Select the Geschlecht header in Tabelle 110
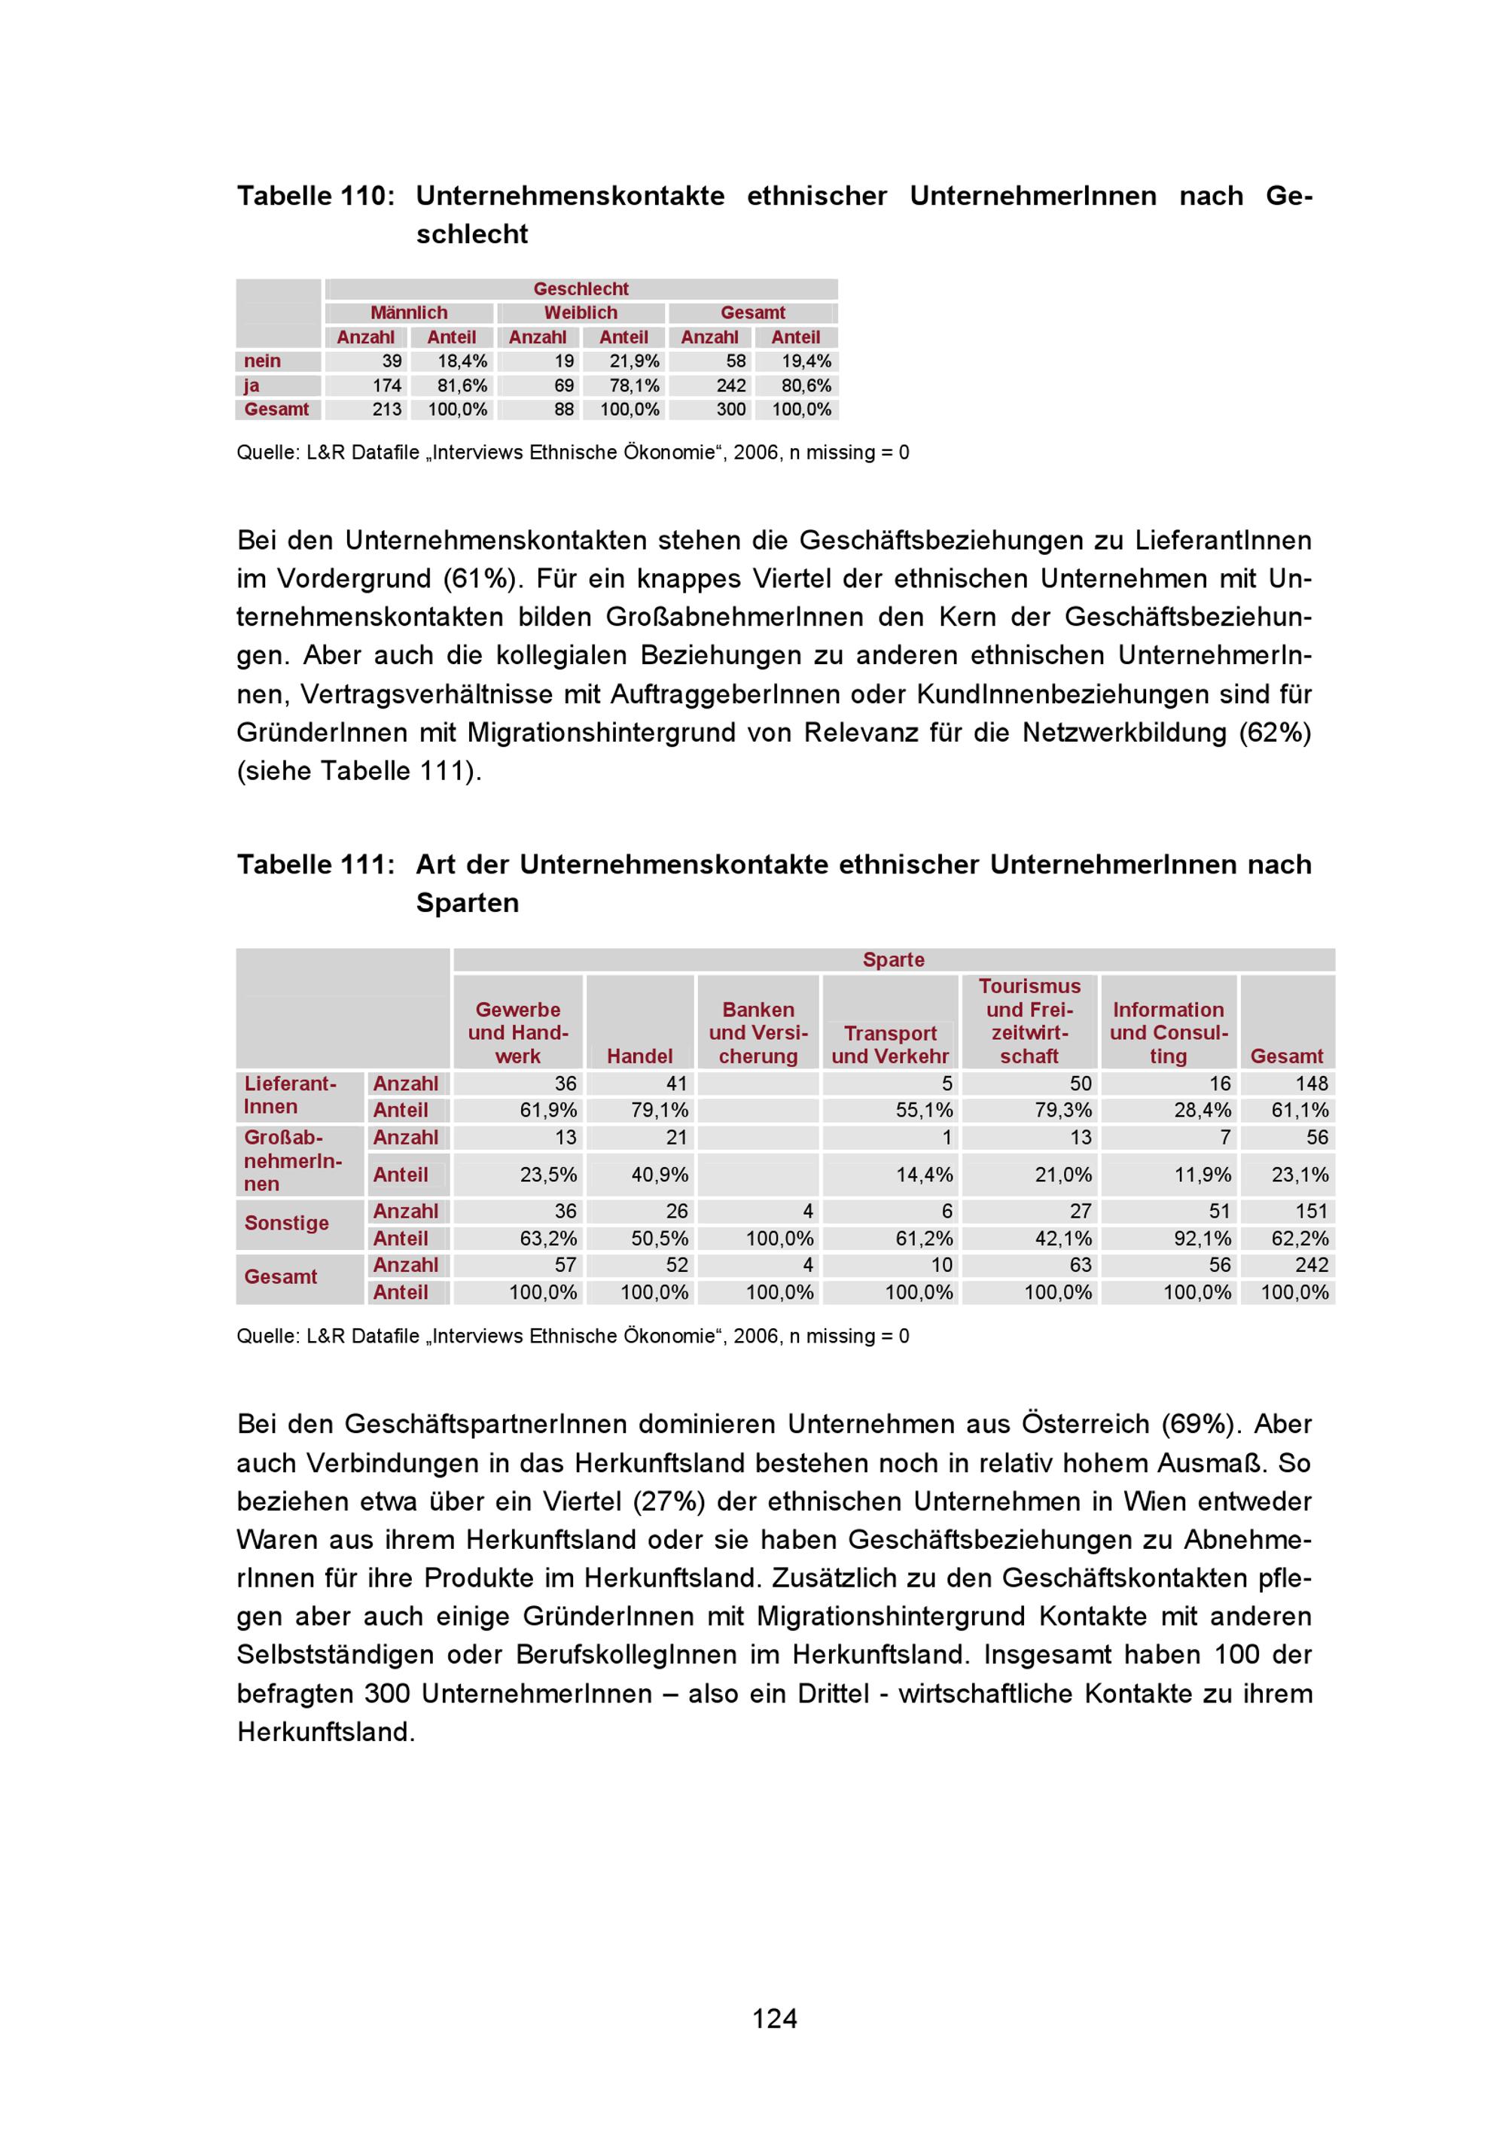581,288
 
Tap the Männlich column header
408,312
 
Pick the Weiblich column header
581,312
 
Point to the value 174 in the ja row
387,386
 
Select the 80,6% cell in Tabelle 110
806,386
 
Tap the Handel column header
639,1056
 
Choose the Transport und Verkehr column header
890,1045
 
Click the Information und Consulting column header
1168,1033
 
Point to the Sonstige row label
287,1224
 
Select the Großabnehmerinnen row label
292,1160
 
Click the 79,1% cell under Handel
660,1110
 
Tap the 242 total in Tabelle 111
1311,1265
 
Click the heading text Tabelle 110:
316,196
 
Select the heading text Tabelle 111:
316,864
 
